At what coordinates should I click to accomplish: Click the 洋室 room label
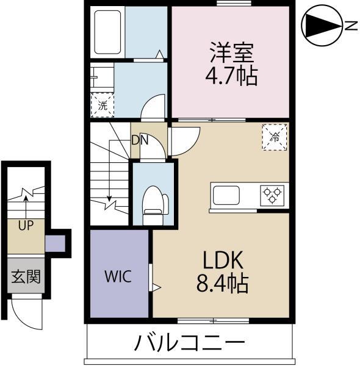[x=230, y=52]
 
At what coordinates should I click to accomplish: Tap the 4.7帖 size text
[x=230, y=76]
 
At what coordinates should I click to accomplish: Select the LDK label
[x=223, y=260]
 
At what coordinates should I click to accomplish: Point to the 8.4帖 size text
[x=223, y=284]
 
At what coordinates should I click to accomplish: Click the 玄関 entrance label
[x=26, y=276]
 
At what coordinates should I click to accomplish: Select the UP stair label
[x=25, y=226]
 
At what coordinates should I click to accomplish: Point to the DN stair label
[x=140, y=140]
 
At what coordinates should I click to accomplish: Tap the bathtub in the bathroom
[x=109, y=32]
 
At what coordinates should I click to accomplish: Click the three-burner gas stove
[x=272, y=195]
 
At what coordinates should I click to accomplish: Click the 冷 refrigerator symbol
[x=274, y=137]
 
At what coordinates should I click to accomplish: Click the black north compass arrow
[x=321, y=26]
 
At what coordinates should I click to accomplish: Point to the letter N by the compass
[x=350, y=26]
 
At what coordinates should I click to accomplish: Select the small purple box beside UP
[x=57, y=242]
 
